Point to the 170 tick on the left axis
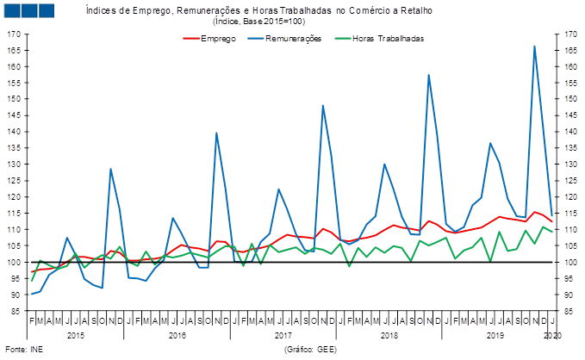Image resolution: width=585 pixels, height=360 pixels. click(x=16, y=34)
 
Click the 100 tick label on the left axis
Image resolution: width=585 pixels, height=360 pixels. click(x=16, y=262)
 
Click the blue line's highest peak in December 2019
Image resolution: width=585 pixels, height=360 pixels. click(x=535, y=46)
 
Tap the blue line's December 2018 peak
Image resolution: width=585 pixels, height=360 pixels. click(x=429, y=75)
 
